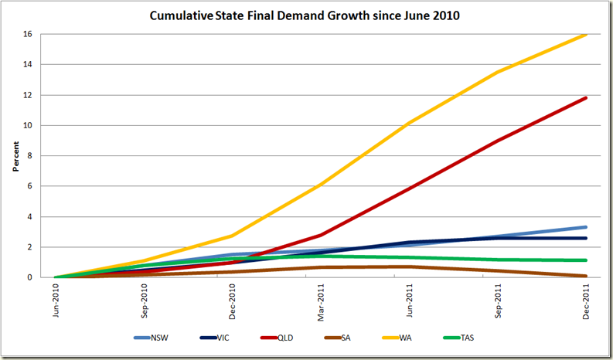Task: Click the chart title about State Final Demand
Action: [306, 16]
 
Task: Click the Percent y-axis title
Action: [16, 155]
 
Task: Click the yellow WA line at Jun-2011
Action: [409, 123]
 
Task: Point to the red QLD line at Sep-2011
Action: [498, 141]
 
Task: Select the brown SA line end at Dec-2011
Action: [585, 276]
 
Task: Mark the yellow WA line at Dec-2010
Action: [233, 236]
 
